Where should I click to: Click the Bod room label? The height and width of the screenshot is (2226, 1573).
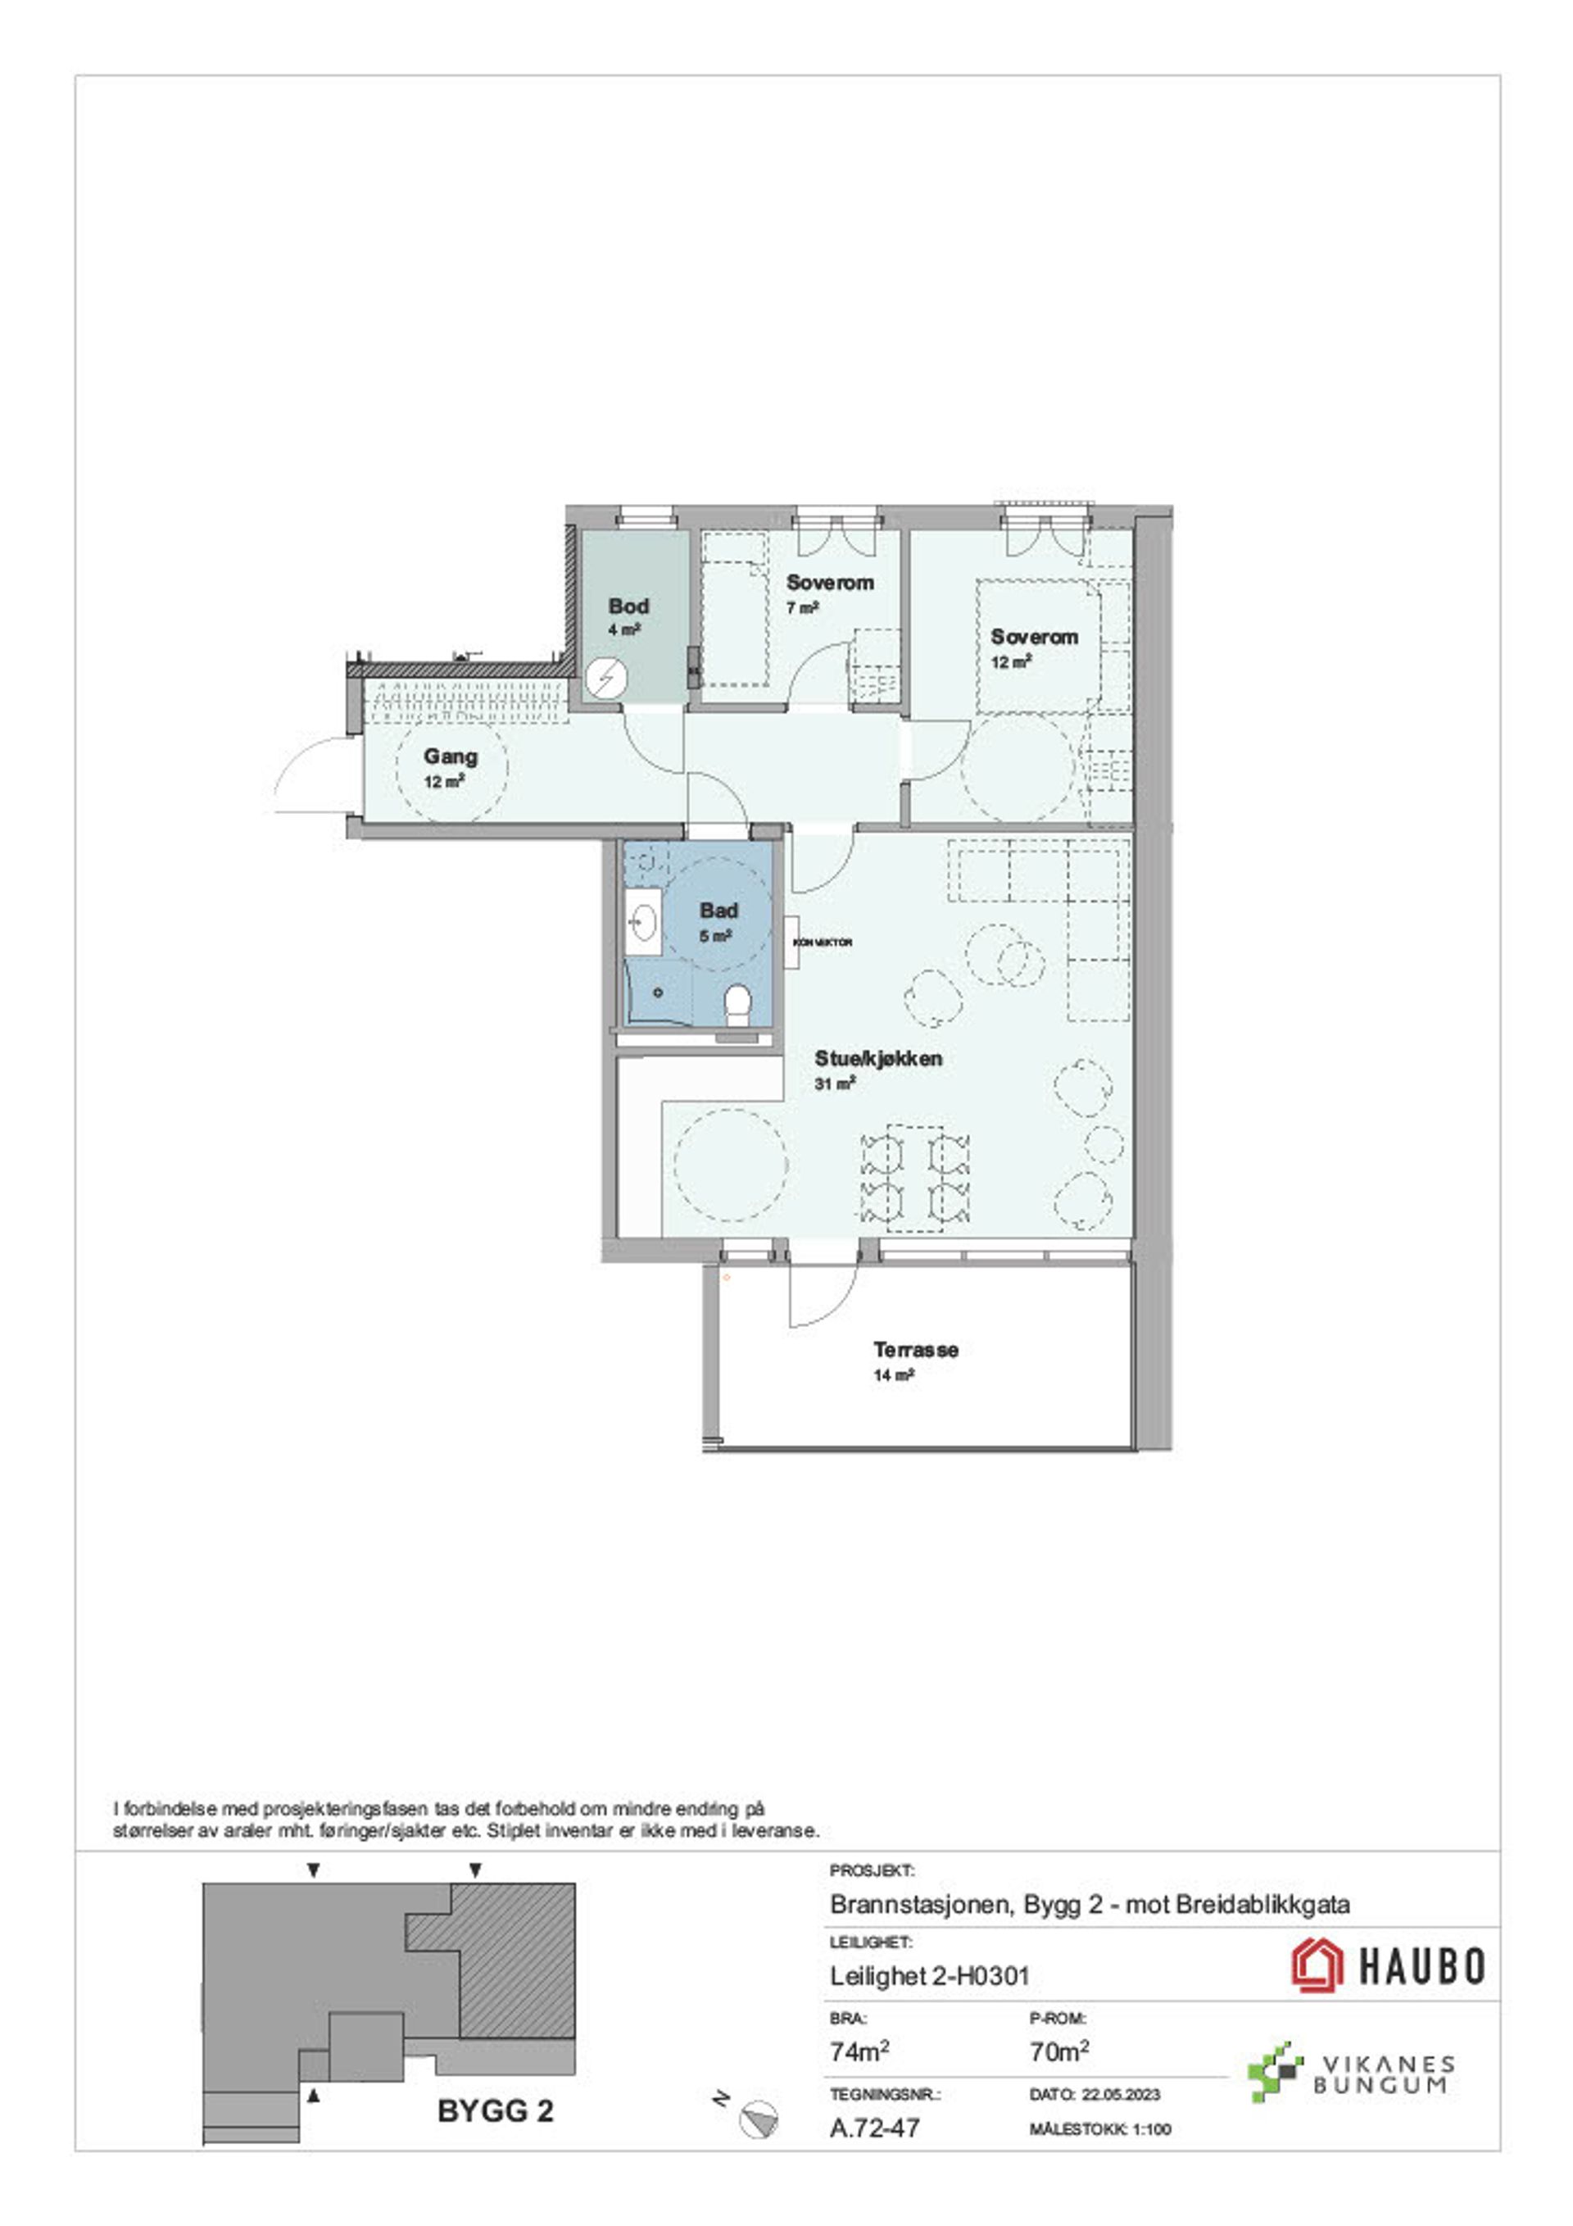[628, 606]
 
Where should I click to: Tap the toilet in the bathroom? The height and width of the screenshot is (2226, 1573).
[737, 1006]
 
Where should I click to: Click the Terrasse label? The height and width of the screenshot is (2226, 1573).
[916, 1350]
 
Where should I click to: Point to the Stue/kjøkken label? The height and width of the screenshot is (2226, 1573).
[878, 1059]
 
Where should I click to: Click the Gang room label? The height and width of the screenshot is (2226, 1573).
[451, 756]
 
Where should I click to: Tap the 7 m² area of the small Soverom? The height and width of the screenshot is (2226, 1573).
[803, 608]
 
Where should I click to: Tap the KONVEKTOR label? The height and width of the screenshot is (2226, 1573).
[823, 943]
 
